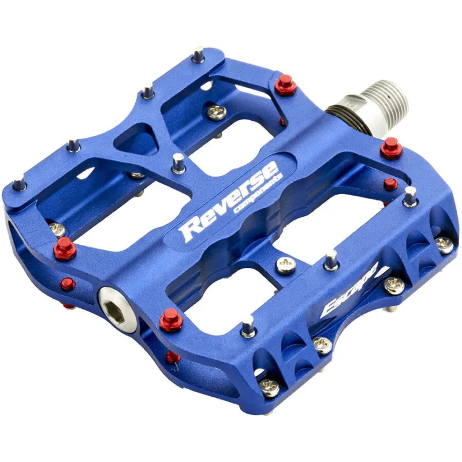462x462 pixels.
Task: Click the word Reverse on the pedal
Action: pyautogui.click(x=230, y=200)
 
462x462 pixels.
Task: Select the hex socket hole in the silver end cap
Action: pyautogui.click(x=114, y=310)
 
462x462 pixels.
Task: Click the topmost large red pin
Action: pyautogui.click(x=286, y=84)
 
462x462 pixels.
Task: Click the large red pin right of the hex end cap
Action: pyautogui.click(x=170, y=321)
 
